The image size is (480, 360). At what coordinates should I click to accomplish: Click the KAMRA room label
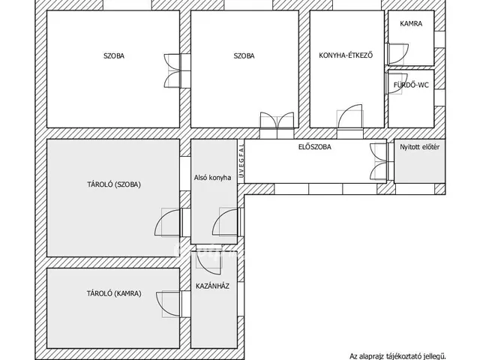(411, 23)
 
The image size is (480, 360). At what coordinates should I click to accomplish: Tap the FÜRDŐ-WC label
(411, 85)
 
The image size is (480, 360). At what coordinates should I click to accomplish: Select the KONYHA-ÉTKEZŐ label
(346, 55)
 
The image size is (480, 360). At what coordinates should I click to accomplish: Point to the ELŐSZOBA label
(315, 147)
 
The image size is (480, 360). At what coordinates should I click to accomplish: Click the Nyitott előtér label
(420, 147)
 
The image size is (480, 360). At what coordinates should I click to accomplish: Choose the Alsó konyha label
(212, 178)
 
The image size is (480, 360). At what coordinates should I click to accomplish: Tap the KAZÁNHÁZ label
(212, 286)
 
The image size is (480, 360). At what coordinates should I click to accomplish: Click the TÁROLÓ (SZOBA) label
(114, 184)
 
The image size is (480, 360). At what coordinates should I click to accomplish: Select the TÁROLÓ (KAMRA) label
(114, 293)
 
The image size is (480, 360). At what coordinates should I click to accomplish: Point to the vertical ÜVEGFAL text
(241, 161)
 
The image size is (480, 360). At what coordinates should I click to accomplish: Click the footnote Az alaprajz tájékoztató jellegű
(397, 356)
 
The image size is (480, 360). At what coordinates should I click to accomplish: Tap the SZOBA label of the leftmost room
(114, 56)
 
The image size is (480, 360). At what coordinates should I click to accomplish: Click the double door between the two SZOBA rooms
(172, 71)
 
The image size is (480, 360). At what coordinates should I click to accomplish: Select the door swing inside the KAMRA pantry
(398, 54)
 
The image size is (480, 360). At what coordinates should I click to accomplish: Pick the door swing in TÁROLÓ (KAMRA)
(168, 304)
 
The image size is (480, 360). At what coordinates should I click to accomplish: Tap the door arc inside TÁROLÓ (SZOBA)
(167, 223)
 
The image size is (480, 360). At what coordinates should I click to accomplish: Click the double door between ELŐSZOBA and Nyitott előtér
(379, 162)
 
